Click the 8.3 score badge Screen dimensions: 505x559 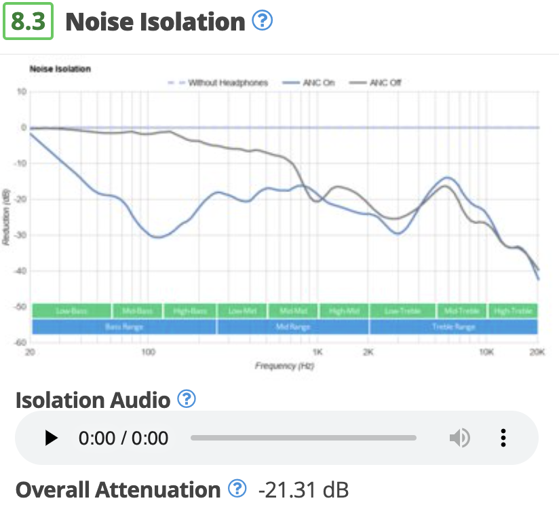point(28,22)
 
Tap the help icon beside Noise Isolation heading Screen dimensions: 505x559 point(262,21)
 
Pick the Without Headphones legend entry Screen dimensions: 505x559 point(218,83)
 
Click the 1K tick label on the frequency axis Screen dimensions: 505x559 point(317,353)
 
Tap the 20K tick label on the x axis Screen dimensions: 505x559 point(537,353)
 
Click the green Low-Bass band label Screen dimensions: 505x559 point(71,312)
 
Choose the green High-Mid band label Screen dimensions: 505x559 point(343,312)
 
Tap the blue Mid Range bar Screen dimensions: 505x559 point(293,327)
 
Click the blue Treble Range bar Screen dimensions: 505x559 point(453,327)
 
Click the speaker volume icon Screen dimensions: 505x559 point(459,438)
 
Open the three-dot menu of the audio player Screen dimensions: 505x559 point(503,438)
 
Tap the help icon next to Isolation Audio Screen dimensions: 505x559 point(186,399)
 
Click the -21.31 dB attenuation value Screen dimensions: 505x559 point(303,489)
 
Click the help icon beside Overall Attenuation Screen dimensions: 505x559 point(236,488)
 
